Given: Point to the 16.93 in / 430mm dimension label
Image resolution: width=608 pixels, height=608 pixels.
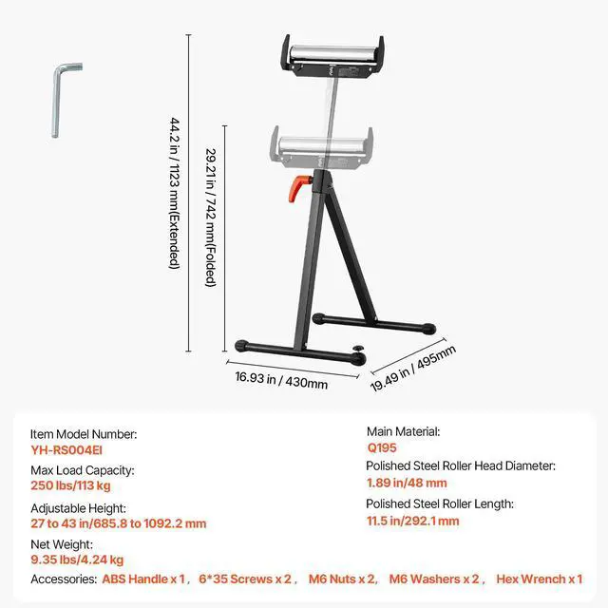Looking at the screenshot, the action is tap(281, 383).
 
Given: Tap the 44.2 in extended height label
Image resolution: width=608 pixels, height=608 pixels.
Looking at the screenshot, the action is tap(174, 193).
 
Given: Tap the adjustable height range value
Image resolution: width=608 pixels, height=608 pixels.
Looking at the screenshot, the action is tap(118, 523).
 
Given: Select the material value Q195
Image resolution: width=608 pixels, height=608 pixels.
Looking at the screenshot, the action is tap(383, 447).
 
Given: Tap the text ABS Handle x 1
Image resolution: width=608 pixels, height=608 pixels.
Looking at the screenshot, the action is tap(143, 579).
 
